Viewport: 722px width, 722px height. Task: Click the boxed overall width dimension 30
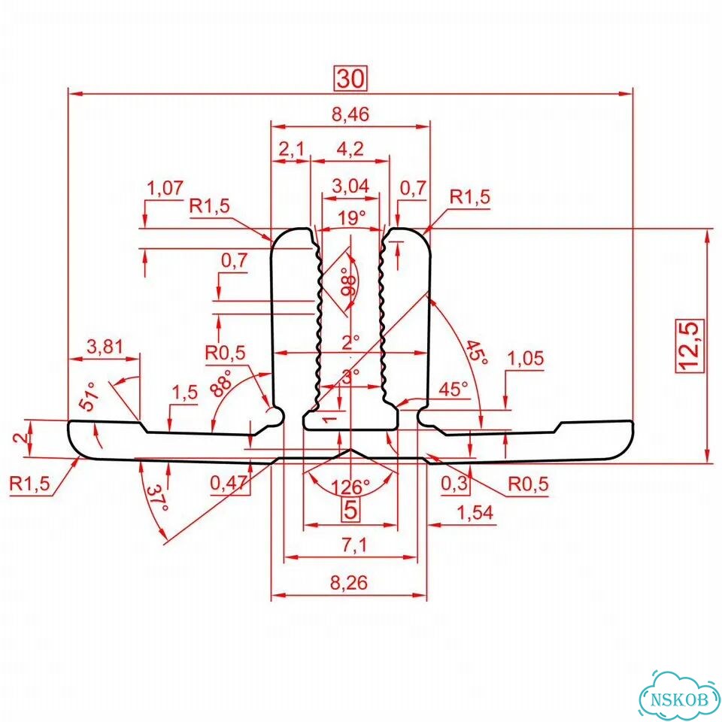pos(351,79)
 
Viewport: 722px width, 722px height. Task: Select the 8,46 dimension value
pos(351,114)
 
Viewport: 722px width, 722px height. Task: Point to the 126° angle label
pos(350,487)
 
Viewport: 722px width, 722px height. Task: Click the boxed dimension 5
pos(350,510)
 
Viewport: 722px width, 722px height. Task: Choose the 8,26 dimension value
pos(349,583)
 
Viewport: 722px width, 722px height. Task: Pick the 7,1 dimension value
pos(354,545)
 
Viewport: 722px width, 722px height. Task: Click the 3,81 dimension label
pos(105,347)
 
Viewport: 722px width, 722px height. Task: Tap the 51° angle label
pos(89,396)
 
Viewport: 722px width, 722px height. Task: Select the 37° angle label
pos(158,498)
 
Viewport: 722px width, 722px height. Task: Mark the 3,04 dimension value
pos(350,186)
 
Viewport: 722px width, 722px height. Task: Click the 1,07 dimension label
pos(165,188)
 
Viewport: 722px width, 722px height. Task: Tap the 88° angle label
pos(223,382)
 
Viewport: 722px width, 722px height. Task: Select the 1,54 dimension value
pos(475,512)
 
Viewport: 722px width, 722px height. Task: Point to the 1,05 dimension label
pos(525,358)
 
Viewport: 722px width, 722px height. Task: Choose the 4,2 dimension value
pos(350,149)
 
